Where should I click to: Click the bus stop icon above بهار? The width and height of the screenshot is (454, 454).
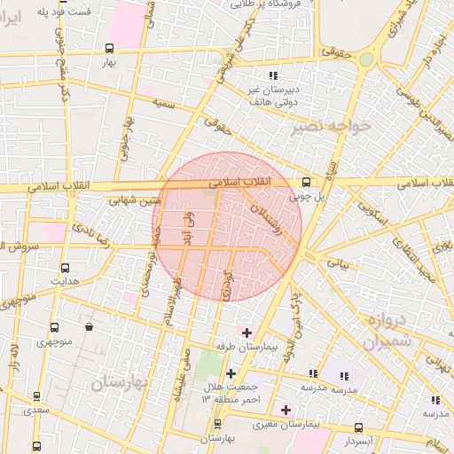(x=109, y=49)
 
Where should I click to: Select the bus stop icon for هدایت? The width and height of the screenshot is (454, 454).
(x=65, y=267)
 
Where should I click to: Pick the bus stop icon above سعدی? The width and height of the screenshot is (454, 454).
(x=37, y=396)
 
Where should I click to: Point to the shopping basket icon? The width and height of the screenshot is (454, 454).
(x=89, y=326)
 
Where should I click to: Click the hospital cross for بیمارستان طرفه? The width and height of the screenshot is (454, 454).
(x=247, y=332)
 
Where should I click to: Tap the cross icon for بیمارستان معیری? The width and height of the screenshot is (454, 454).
(x=285, y=410)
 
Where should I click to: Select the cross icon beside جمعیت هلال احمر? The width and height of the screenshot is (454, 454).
(x=231, y=373)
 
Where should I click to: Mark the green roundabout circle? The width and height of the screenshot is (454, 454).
(x=365, y=59)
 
